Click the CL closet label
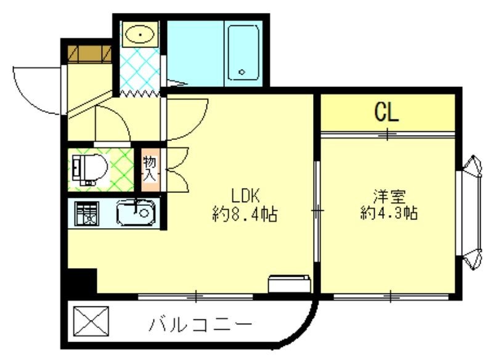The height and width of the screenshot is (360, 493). [387, 113]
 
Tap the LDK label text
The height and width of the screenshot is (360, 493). [247, 196]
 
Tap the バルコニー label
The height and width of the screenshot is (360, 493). [200, 325]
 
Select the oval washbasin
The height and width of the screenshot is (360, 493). [141, 35]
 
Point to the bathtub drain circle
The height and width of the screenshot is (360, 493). [242, 72]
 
